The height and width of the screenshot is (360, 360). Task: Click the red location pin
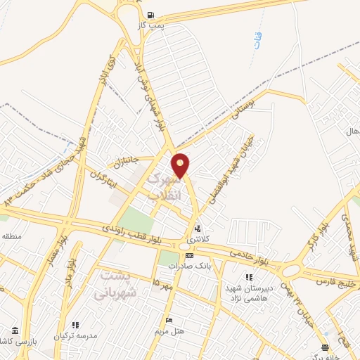(x=181, y=165)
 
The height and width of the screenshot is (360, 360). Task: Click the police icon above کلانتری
(x=198, y=229)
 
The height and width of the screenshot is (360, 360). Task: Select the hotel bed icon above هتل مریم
(x=167, y=320)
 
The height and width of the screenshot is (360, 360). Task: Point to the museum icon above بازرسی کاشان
(x=15, y=330)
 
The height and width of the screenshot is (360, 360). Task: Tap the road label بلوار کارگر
(x=313, y=238)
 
